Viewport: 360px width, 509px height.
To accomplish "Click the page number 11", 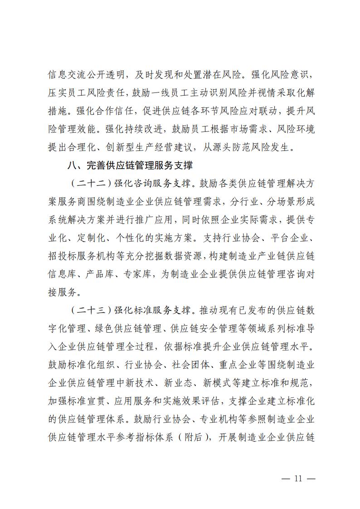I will click(x=298, y=479).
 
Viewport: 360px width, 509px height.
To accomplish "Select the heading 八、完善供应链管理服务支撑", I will click(x=133, y=165).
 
